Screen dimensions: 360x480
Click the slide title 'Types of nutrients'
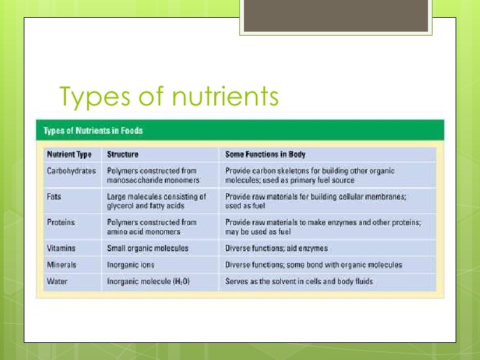point(169,96)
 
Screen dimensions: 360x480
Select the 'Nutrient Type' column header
point(69,154)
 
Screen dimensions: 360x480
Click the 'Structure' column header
point(123,154)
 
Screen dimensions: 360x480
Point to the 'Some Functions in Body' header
point(265,154)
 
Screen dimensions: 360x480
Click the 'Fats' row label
point(55,196)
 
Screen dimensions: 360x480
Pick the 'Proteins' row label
point(61,222)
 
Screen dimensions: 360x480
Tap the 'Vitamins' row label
point(61,249)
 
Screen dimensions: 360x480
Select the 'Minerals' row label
point(62,264)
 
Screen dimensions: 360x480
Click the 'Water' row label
point(57,281)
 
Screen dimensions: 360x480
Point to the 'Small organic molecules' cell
point(148,249)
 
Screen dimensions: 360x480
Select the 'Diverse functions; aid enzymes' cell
point(276,249)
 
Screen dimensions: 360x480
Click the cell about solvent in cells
point(299,281)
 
